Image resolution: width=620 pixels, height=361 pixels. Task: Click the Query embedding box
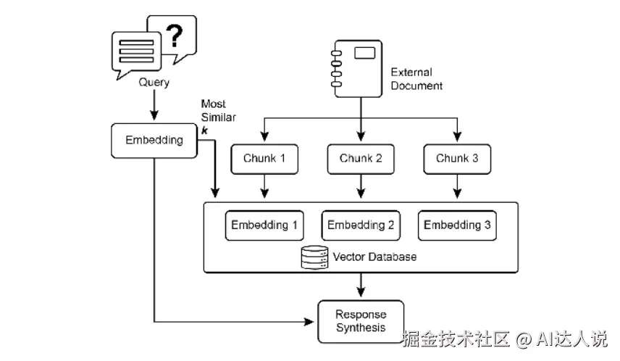154,140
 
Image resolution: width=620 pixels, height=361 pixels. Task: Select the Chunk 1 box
264,159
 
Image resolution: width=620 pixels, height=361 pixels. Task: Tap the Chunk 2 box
361,159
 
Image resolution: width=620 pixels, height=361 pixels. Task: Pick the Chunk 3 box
457,159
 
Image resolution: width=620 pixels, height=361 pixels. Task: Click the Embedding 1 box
264,225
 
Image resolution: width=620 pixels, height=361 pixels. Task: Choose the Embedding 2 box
361,225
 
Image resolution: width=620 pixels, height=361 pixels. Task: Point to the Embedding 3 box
457,225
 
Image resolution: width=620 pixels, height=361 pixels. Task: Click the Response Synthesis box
361,321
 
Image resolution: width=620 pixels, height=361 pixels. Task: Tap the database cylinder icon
314,257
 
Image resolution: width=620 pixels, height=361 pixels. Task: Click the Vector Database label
374,257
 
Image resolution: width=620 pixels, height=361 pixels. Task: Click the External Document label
416,79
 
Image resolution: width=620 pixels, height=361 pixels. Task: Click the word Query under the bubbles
154,83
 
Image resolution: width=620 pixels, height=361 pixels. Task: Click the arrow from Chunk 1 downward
264,187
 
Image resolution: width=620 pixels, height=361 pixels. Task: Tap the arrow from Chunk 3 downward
457,187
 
